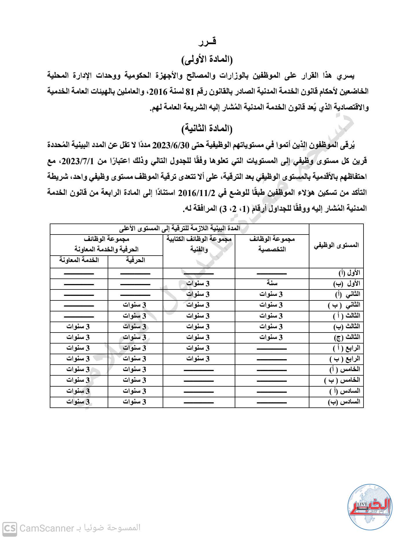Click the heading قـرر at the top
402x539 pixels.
(x=208, y=42)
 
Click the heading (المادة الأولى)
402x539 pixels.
(x=207, y=60)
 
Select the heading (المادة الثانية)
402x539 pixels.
(x=207, y=128)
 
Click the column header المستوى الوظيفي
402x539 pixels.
(x=336, y=245)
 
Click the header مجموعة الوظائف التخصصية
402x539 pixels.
(x=272, y=244)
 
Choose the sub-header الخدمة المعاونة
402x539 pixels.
(x=79, y=260)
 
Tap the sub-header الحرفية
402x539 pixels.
(x=135, y=260)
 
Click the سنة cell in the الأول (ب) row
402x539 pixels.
(x=272, y=283)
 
